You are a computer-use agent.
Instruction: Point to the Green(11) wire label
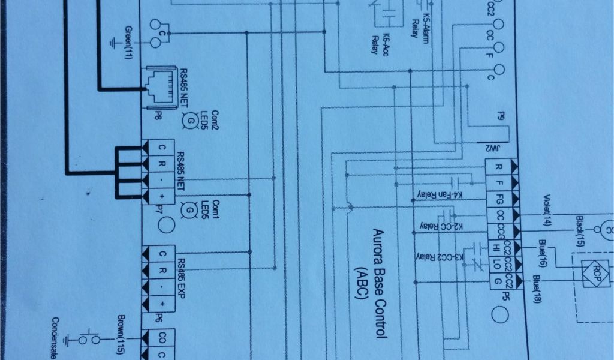point(128,43)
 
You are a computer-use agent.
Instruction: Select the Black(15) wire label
point(579,231)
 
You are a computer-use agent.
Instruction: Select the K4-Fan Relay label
point(436,195)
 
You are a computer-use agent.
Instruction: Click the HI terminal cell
point(496,247)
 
